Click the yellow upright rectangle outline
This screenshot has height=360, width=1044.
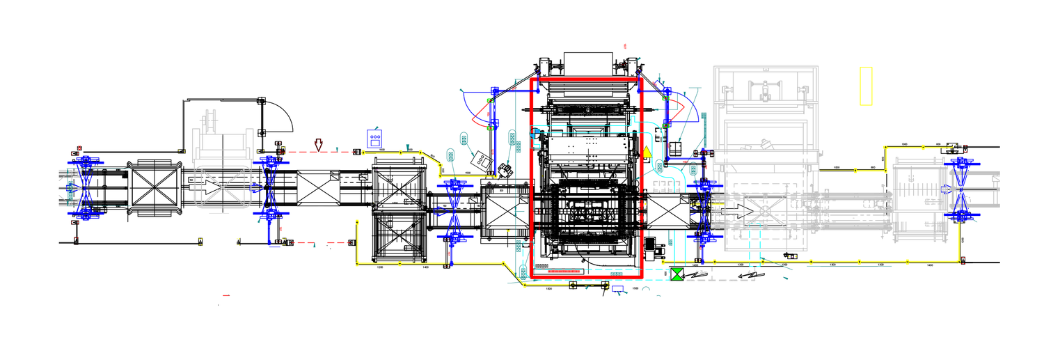(x=866, y=86)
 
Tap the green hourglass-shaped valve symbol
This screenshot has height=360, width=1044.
(x=677, y=274)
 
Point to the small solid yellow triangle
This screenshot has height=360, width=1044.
(x=647, y=152)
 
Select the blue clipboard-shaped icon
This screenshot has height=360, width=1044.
(x=374, y=139)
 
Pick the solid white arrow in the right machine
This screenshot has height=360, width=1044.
(x=736, y=210)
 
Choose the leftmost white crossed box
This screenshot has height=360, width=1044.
(x=319, y=187)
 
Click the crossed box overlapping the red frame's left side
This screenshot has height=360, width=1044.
(x=507, y=212)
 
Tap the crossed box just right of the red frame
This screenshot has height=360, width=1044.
(x=667, y=212)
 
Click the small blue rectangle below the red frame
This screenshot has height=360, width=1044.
(x=617, y=286)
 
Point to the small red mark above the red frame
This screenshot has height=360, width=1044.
(x=624, y=46)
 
